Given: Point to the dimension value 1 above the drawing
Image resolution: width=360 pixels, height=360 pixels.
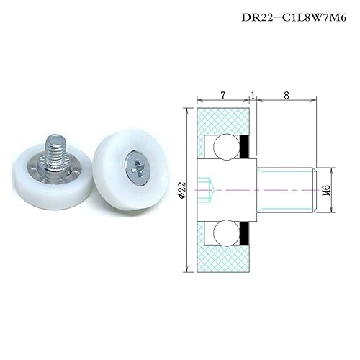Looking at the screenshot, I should pos(253,94).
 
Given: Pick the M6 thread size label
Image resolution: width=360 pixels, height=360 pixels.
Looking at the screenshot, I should pos(325,189).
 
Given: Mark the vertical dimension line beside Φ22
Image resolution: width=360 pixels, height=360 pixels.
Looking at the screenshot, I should pos(189,189).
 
